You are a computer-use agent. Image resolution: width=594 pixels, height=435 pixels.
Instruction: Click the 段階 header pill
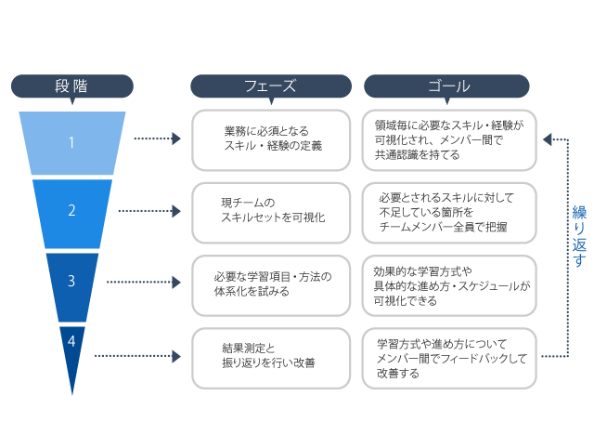tap(71, 86)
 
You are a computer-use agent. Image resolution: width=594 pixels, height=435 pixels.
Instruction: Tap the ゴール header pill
tap(447, 86)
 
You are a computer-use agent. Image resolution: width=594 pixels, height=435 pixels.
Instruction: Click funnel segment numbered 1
tap(71, 142)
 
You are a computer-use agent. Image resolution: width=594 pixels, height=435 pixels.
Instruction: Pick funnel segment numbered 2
tap(71, 210)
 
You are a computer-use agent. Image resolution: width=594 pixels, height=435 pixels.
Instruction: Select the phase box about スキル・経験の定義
tap(272, 139)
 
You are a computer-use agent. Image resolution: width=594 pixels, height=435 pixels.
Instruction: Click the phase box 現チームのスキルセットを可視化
tap(272, 209)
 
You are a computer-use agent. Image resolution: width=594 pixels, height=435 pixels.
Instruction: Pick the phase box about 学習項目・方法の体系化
tap(272, 283)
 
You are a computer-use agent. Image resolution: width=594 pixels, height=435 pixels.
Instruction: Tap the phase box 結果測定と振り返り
tap(272, 355)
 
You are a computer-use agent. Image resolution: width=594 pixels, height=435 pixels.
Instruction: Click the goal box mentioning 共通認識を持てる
tap(449, 139)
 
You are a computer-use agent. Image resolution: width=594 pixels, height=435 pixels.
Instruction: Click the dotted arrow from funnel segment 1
tap(156, 139)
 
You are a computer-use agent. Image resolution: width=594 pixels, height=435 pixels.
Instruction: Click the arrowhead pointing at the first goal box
tap(548, 139)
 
